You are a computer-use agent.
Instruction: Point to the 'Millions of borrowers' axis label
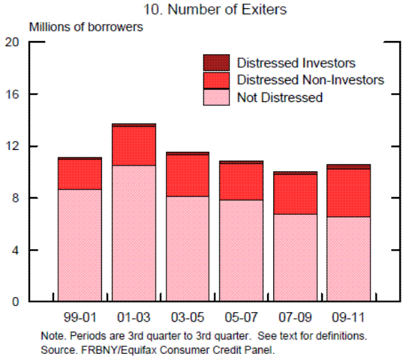click(86, 27)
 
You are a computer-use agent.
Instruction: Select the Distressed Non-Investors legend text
click(310, 81)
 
